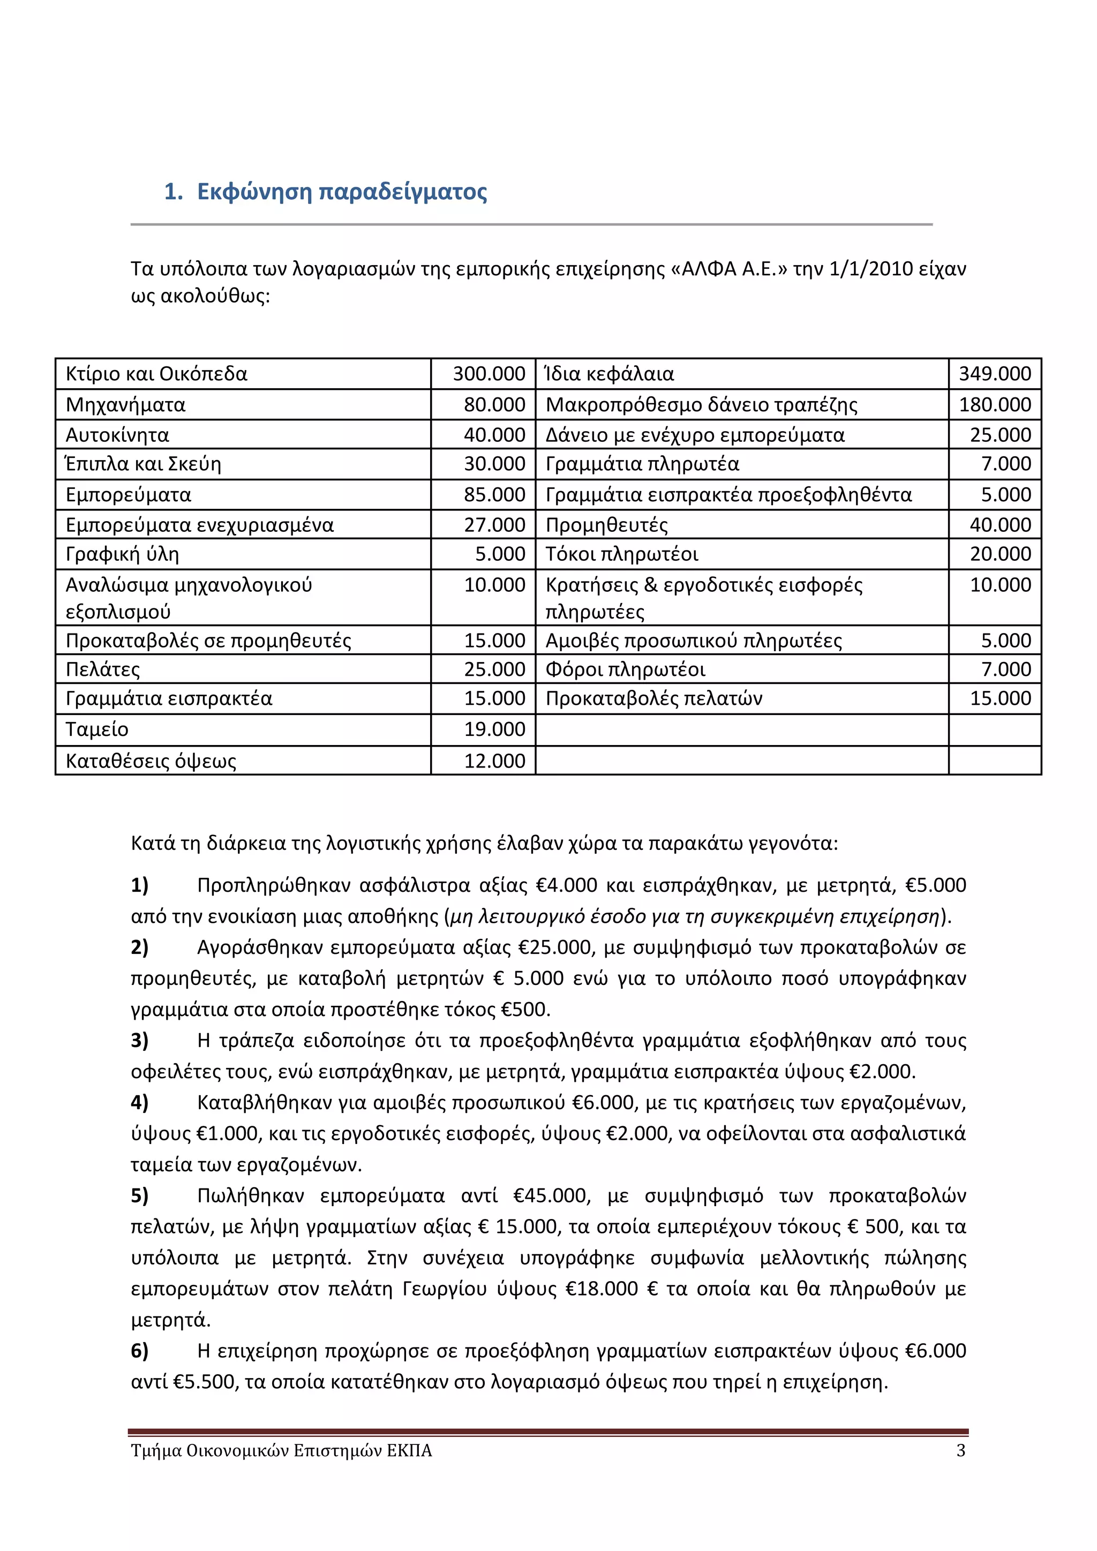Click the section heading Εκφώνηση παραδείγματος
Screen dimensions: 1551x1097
[x=341, y=192]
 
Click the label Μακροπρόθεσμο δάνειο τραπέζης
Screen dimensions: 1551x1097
[x=701, y=405]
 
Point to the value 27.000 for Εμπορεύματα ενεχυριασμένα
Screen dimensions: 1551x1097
[x=494, y=525]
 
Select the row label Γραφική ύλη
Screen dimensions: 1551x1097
[x=122, y=554]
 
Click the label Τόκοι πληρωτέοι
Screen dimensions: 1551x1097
[x=621, y=554]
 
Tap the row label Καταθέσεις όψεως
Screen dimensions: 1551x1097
[x=151, y=762]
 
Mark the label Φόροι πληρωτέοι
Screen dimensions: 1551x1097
[x=625, y=669]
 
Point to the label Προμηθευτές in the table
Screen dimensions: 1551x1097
[x=606, y=525]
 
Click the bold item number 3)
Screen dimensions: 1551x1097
[x=140, y=1040]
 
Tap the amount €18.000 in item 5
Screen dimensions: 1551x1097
[x=600, y=1288]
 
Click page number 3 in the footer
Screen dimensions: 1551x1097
[x=960, y=1450]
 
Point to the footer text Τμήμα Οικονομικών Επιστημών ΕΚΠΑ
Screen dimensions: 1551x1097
[x=281, y=1450]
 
